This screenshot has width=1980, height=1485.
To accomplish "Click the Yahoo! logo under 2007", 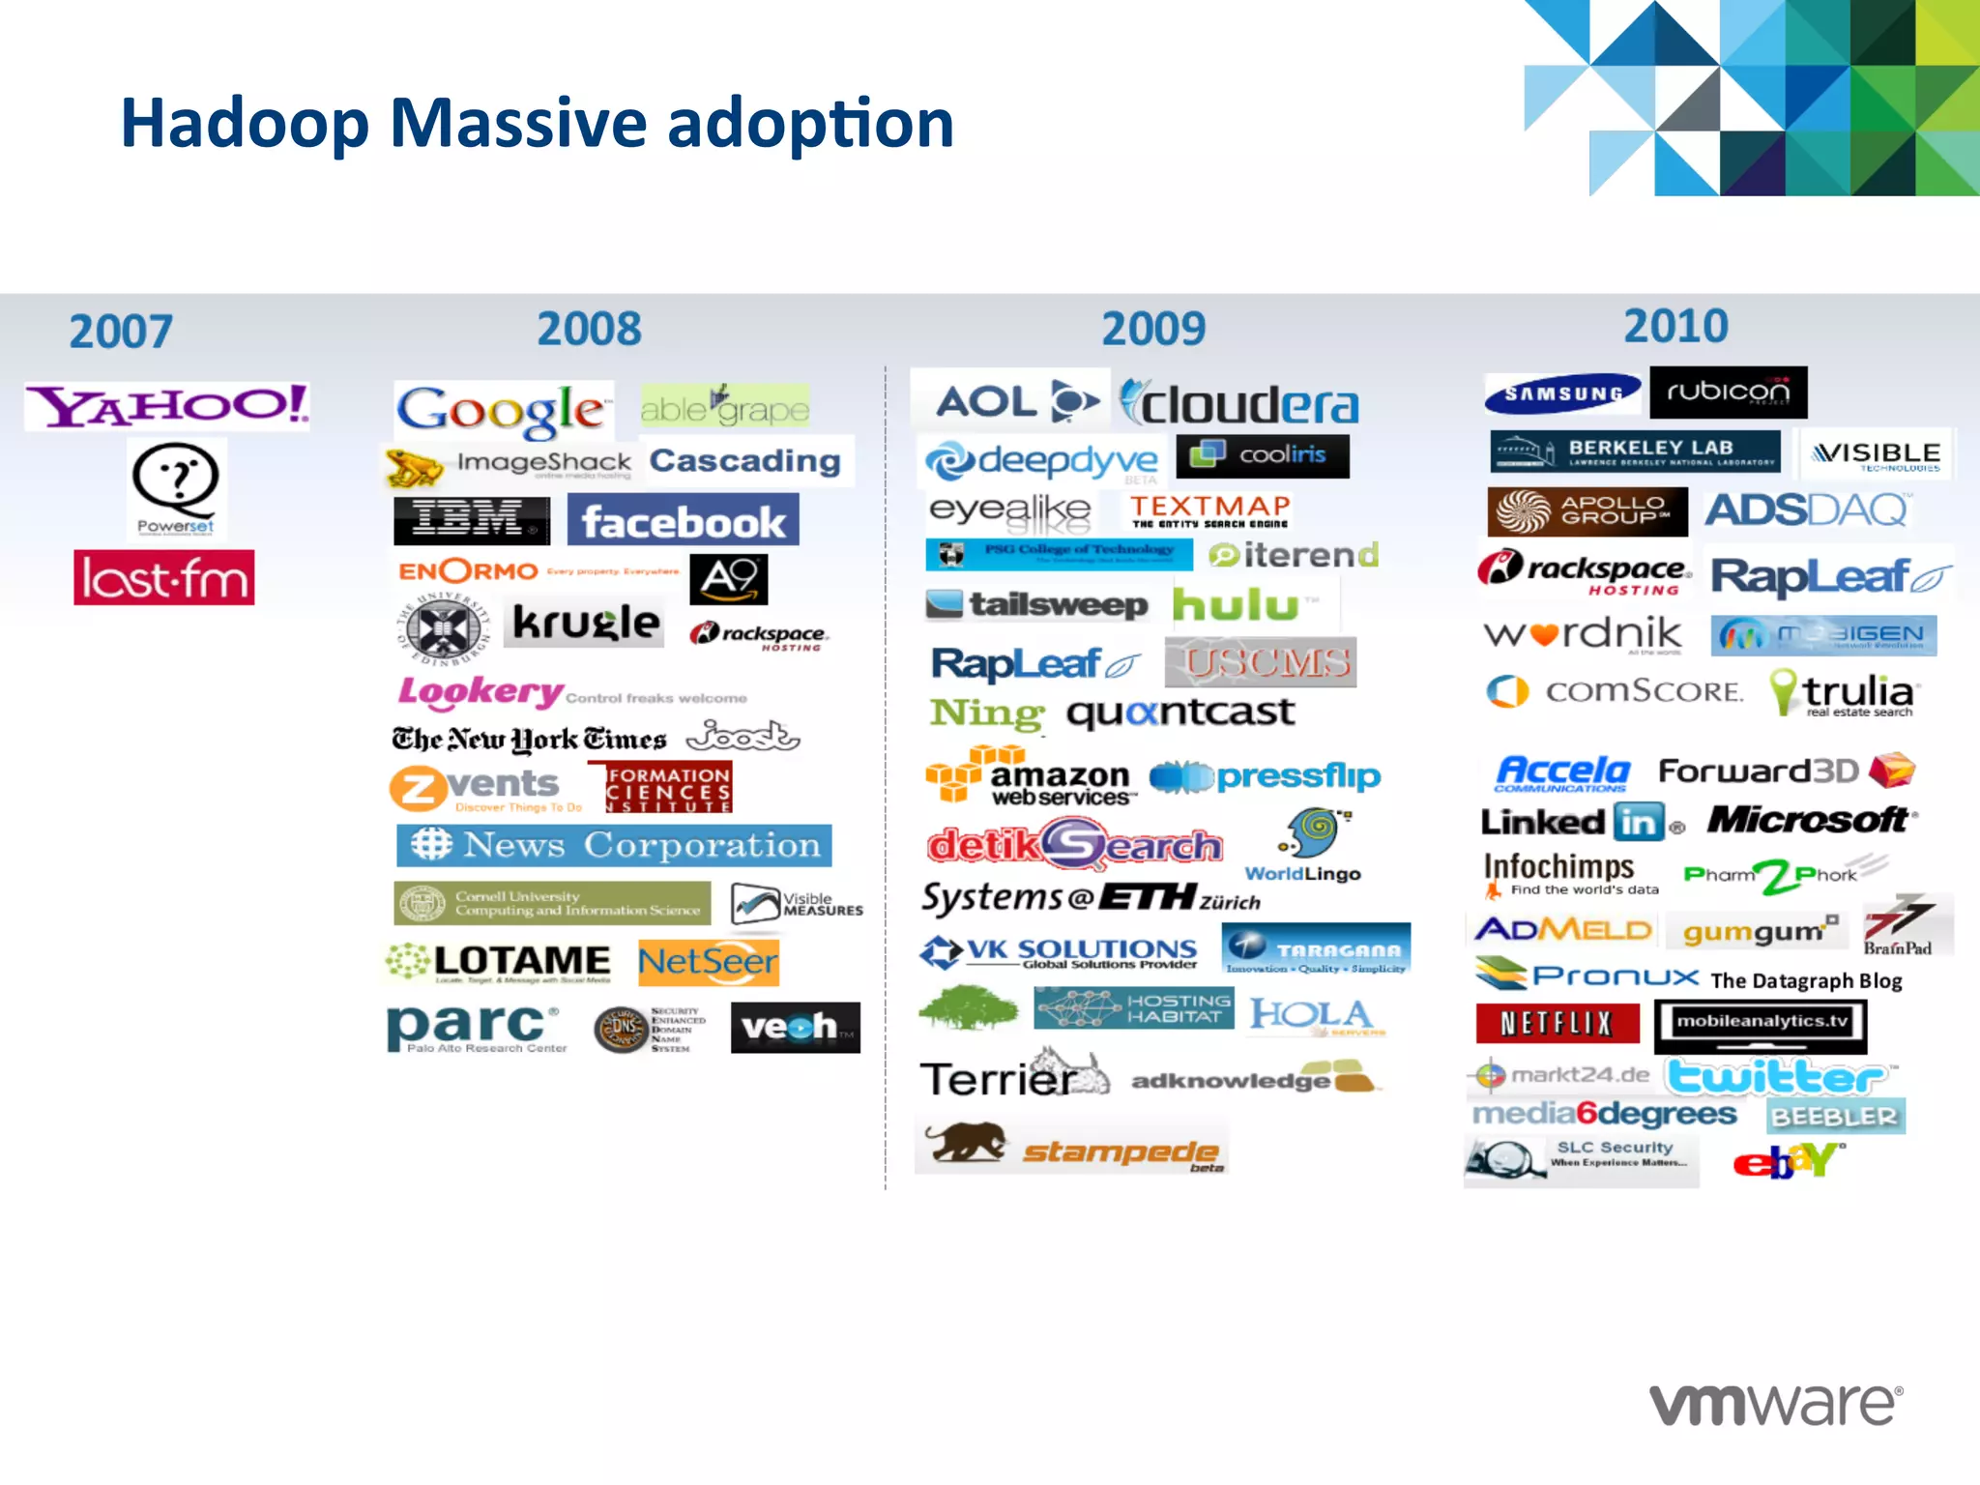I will [167, 405].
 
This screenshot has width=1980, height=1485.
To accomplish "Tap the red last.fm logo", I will [164, 578].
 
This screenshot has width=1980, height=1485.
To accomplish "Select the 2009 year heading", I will [1153, 329].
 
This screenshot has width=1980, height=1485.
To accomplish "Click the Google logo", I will [502, 410].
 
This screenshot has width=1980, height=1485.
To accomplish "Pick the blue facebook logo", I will [683, 522].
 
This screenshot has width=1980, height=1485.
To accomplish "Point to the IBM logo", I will [471, 520].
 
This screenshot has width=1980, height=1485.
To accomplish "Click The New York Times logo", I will [529, 740].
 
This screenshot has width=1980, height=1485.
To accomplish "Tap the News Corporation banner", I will [614, 845].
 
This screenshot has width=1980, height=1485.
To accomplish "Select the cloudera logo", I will [1239, 404].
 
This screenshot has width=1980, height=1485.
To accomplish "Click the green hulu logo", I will [1237, 605].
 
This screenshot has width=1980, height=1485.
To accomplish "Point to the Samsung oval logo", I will [1562, 393].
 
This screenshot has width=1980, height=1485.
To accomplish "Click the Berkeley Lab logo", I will [1634, 451].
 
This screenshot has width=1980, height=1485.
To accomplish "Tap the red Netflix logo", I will [1558, 1023].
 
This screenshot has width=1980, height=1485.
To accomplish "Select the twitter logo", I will [1777, 1076].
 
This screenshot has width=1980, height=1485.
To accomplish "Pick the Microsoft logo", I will [1809, 820].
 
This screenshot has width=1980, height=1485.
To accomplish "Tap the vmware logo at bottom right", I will [1775, 1404].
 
